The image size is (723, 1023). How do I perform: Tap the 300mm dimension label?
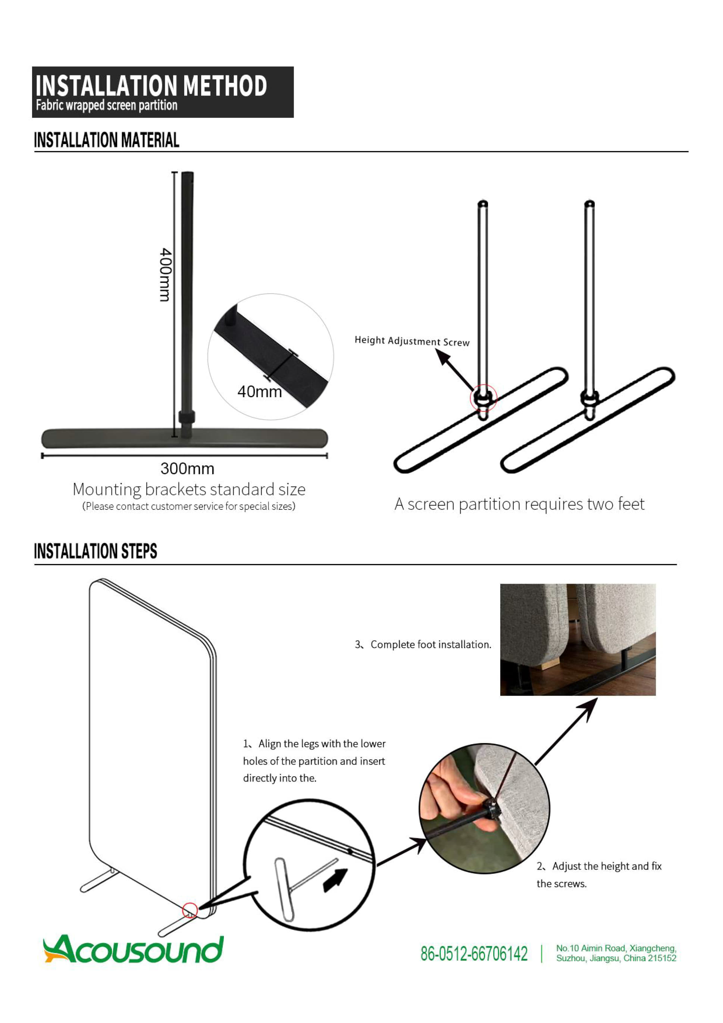[x=187, y=469]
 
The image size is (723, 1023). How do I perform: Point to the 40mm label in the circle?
[x=260, y=392]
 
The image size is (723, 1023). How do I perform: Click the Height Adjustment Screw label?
[x=412, y=341]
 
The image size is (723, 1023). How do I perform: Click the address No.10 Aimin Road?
[x=616, y=954]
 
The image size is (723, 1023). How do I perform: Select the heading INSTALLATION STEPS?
[x=96, y=551]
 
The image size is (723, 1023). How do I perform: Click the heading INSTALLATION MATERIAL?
[x=107, y=140]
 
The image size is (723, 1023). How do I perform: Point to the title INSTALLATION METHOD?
[x=151, y=85]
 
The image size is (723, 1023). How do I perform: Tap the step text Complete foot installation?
[x=423, y=644]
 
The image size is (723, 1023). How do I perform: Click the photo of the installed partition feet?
[x=578, y=640]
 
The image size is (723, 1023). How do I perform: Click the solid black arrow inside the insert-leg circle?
[x=335, y=880]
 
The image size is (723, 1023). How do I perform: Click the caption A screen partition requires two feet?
[x=519, y=504]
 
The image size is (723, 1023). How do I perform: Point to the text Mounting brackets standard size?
[x=189, y=489]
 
